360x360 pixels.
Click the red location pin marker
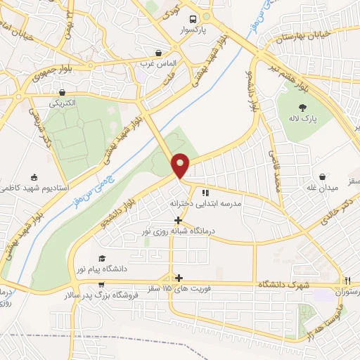181,165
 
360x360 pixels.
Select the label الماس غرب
156,64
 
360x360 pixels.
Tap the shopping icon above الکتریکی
63,92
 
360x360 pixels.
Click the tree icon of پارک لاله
303,108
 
